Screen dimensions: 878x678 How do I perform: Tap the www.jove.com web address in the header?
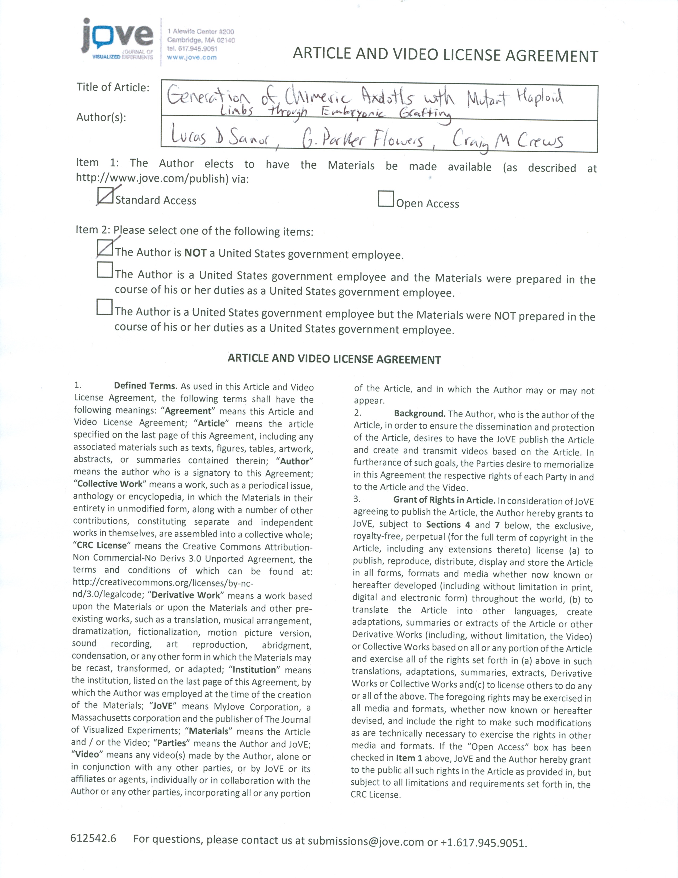pyautogui.click(x=192, y=57)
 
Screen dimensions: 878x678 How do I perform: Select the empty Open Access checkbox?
pyautogui.click(x=386, y=199)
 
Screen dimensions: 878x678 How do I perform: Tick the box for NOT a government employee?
pyautogui.click(x=105, y=248)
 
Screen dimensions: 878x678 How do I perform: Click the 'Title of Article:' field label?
pyautogui.click(x=113, y=87)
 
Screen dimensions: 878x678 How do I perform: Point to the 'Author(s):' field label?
pyautogui.click(x=101, y=117)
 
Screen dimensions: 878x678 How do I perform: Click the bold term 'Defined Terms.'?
pyautogui.click(x=145, y=386)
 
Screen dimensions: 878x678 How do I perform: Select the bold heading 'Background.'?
pyautogui.click(x=419, y=414)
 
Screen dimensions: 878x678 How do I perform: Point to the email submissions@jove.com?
pyautogui.click(x=366, y=841)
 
